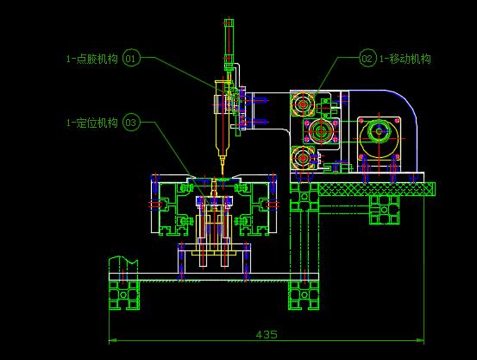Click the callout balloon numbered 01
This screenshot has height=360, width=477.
coord(131,58)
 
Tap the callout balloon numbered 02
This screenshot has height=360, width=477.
coord(367,58)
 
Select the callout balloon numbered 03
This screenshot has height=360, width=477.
coord(131,123)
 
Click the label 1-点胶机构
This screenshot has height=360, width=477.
coord(92,59)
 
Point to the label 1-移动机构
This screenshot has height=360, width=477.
coord(405,59)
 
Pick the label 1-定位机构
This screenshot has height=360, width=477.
coord(92,123)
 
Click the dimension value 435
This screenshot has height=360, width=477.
coord(267,334)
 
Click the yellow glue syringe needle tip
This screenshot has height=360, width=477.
coord(223,173)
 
